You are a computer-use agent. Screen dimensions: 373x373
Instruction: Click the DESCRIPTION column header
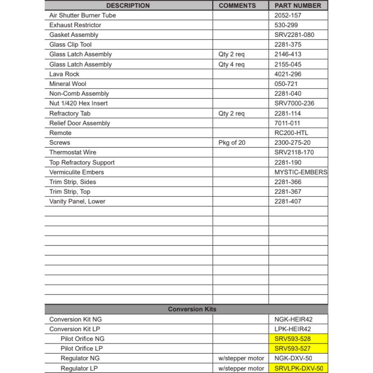tap(128, 6)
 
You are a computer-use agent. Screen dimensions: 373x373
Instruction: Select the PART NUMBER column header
tap(298, 6)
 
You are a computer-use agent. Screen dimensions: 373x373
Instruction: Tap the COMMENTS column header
tap(237, 6)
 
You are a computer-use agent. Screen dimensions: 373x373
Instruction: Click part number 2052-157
tap(288, 15)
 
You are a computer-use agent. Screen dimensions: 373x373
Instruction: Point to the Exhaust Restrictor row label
tap(75, 25)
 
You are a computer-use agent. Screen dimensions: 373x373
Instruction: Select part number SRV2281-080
tap(294, 35)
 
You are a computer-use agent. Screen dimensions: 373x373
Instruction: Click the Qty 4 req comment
tap(231, 64)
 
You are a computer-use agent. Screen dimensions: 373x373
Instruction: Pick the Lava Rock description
tap(64, 74)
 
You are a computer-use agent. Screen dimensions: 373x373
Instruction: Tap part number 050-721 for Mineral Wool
tap(286, 84)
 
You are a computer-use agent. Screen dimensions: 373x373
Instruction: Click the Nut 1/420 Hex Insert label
tap(78, 103)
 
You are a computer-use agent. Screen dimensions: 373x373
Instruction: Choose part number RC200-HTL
tap(291, 133)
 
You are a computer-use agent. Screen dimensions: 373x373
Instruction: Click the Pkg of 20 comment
tap(232, 142)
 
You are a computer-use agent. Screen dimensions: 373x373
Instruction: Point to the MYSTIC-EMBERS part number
tap(301, 172)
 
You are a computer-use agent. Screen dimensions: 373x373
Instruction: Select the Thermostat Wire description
tap(73, 152)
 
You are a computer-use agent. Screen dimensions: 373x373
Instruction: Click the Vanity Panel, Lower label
tap(77, 201)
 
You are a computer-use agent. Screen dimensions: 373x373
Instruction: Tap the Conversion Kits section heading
tap(192, 309)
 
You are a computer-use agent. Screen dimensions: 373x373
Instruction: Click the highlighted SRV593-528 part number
tap(292, 339)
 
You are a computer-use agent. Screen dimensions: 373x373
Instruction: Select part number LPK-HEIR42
tap(292, 329)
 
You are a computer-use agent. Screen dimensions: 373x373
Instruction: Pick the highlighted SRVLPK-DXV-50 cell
tap(298, 368)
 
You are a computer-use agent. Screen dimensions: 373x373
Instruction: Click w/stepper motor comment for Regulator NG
tap(241, 358)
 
